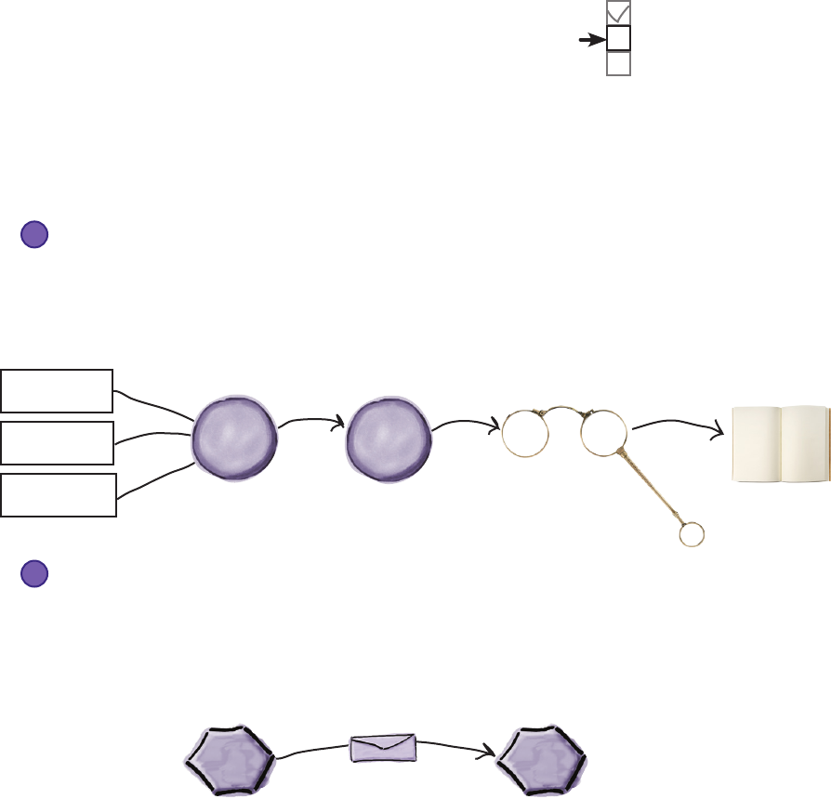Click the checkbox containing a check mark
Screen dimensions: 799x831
[618, 13]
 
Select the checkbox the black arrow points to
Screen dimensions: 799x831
[618, 38]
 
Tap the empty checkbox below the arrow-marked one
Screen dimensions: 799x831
[618, 63]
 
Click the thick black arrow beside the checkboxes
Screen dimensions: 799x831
[591, 40]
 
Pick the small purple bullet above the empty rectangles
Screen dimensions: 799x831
[34, 234]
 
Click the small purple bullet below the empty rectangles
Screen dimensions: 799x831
[34, 574]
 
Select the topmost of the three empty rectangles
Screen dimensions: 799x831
[57, 389]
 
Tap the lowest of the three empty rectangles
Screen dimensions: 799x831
[59, 494]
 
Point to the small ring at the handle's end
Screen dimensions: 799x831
[692, 534]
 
